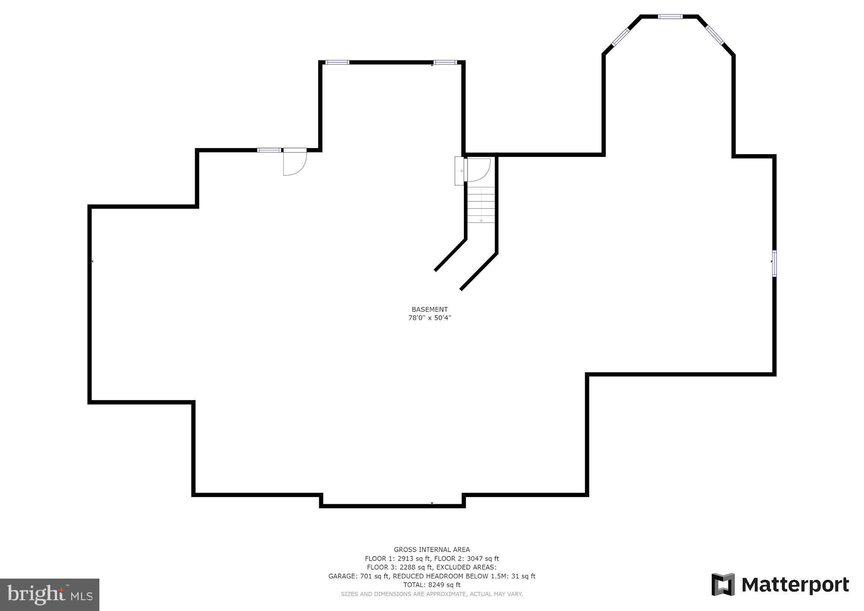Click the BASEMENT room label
429,309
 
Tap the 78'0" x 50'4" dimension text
429,318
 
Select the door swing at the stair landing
478,170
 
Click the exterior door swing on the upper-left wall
294,162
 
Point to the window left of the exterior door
269,150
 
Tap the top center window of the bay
670,17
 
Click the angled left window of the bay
621,37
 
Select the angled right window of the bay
715,35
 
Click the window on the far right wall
774,263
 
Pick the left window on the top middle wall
337,62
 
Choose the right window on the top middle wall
445,62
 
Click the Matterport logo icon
723,584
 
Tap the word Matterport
795,585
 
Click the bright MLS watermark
49,595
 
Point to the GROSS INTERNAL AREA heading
432,550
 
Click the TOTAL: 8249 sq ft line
432,585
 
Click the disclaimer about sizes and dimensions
432,594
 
